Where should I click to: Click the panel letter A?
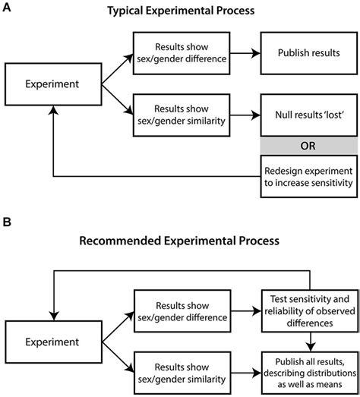[x=7, y=8]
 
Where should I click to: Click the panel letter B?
[x=7, y=222]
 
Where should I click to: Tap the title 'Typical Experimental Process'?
[x=181, y=11]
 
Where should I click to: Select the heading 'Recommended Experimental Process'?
[x=179, y=241]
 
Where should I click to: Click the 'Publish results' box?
[x=309, y=53]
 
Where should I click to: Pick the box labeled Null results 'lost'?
[x=309, y=115]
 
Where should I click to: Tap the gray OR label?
[x=309, y=146]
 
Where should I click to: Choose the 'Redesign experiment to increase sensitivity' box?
[x=309, y=176]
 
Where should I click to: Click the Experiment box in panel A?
[x=53, y=84]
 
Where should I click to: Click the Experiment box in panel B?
[x=53, y=342]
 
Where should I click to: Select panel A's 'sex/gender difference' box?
[x=182, y=53]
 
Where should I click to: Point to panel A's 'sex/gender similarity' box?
[x=182, y=115]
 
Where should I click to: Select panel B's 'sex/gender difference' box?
[x=182, y=311]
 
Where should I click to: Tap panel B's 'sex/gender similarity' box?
[x=182, y=373]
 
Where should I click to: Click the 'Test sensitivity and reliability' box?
[x=310, y=311]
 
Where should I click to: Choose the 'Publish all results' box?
[x=310, y=373]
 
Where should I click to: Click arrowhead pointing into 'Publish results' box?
[x=256, y=53]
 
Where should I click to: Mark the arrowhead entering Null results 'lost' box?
[x=256, y=115]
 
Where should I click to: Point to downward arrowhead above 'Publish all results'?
[x=311, y=347]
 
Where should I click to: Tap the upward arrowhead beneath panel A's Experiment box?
[x=53, y=110]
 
